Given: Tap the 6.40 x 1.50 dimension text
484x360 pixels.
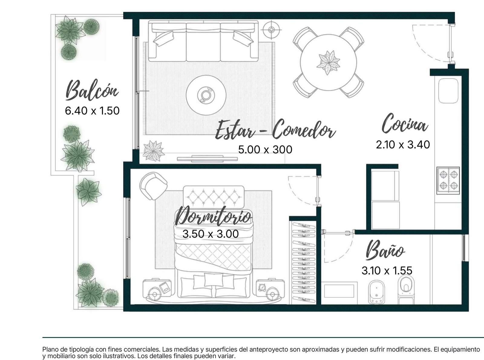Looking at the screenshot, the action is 92,111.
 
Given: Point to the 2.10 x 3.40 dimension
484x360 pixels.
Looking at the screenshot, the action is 403,145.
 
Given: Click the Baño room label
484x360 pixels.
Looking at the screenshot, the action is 385,250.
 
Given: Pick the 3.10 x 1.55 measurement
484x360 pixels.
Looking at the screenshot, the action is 387,270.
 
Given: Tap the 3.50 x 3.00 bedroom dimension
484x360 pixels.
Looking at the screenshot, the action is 211,234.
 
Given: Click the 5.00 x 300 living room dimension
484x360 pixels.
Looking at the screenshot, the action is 265,149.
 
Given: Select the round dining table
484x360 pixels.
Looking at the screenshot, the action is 329,62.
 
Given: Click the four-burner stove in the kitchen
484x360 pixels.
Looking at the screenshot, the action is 448,181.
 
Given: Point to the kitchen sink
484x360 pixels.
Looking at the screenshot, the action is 448,90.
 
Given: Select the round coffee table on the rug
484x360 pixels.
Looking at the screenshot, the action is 206,95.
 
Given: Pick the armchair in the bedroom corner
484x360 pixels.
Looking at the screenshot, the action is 153,186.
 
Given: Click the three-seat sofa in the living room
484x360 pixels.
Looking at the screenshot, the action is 203,41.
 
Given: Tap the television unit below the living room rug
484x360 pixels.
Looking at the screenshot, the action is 207,159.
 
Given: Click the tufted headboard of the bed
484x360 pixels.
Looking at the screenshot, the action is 214,197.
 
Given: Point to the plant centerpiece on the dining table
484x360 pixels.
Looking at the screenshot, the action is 328,63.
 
